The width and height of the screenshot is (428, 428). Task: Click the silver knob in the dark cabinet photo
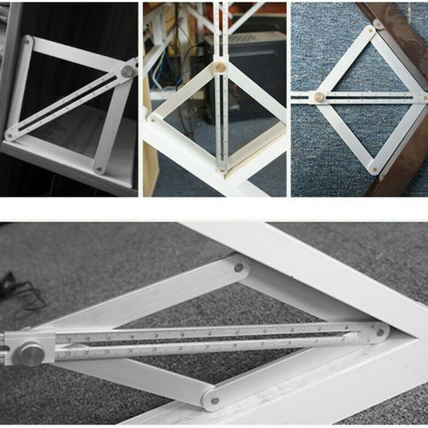(x=127, y=71)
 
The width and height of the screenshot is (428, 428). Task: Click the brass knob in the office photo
(x=220, y=67)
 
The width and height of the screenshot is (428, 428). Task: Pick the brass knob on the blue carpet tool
(x=319, y=97)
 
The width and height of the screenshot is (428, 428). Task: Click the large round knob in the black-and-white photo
(x=31, y=354)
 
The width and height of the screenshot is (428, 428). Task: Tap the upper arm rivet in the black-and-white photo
(x=238, y=268)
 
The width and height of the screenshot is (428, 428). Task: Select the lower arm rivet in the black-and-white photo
(x=215, y=401)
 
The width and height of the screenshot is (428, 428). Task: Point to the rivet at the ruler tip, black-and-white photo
(x=380, y=332)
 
